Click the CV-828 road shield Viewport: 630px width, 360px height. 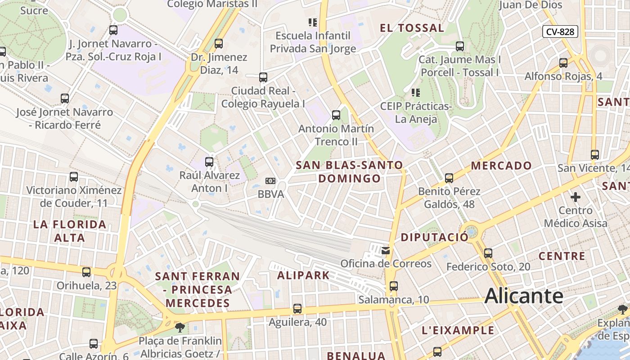point(560,31)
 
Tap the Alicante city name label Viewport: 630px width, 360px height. point(524,296)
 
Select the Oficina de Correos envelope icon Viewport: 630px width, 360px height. point(386,251)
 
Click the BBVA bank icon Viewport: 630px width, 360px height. point(270,181)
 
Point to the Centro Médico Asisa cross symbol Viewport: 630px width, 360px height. point(575,197)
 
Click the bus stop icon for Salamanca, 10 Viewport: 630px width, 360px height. point(394,286)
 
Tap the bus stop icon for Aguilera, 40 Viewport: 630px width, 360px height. point(297,309)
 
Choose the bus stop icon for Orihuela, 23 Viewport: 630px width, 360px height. point(86,272)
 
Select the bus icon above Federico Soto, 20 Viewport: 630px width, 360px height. point(488,253)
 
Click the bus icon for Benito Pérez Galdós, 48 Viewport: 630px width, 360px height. point(449,178)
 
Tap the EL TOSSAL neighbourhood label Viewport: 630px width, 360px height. point(412,28)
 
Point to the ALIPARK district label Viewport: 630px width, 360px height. point(303,275)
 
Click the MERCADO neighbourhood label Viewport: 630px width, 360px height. point(501,166)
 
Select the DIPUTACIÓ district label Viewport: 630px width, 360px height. point(435,237)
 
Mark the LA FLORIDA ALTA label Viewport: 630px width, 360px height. point(70,231)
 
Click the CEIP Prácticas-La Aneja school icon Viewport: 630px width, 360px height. point(416,93)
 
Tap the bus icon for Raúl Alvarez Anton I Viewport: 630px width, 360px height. point(209,162)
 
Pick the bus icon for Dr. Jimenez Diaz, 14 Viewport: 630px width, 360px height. point(219,44)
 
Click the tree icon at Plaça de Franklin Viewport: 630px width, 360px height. point(180,327)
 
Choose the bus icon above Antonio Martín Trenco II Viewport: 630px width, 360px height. point(336,115)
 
